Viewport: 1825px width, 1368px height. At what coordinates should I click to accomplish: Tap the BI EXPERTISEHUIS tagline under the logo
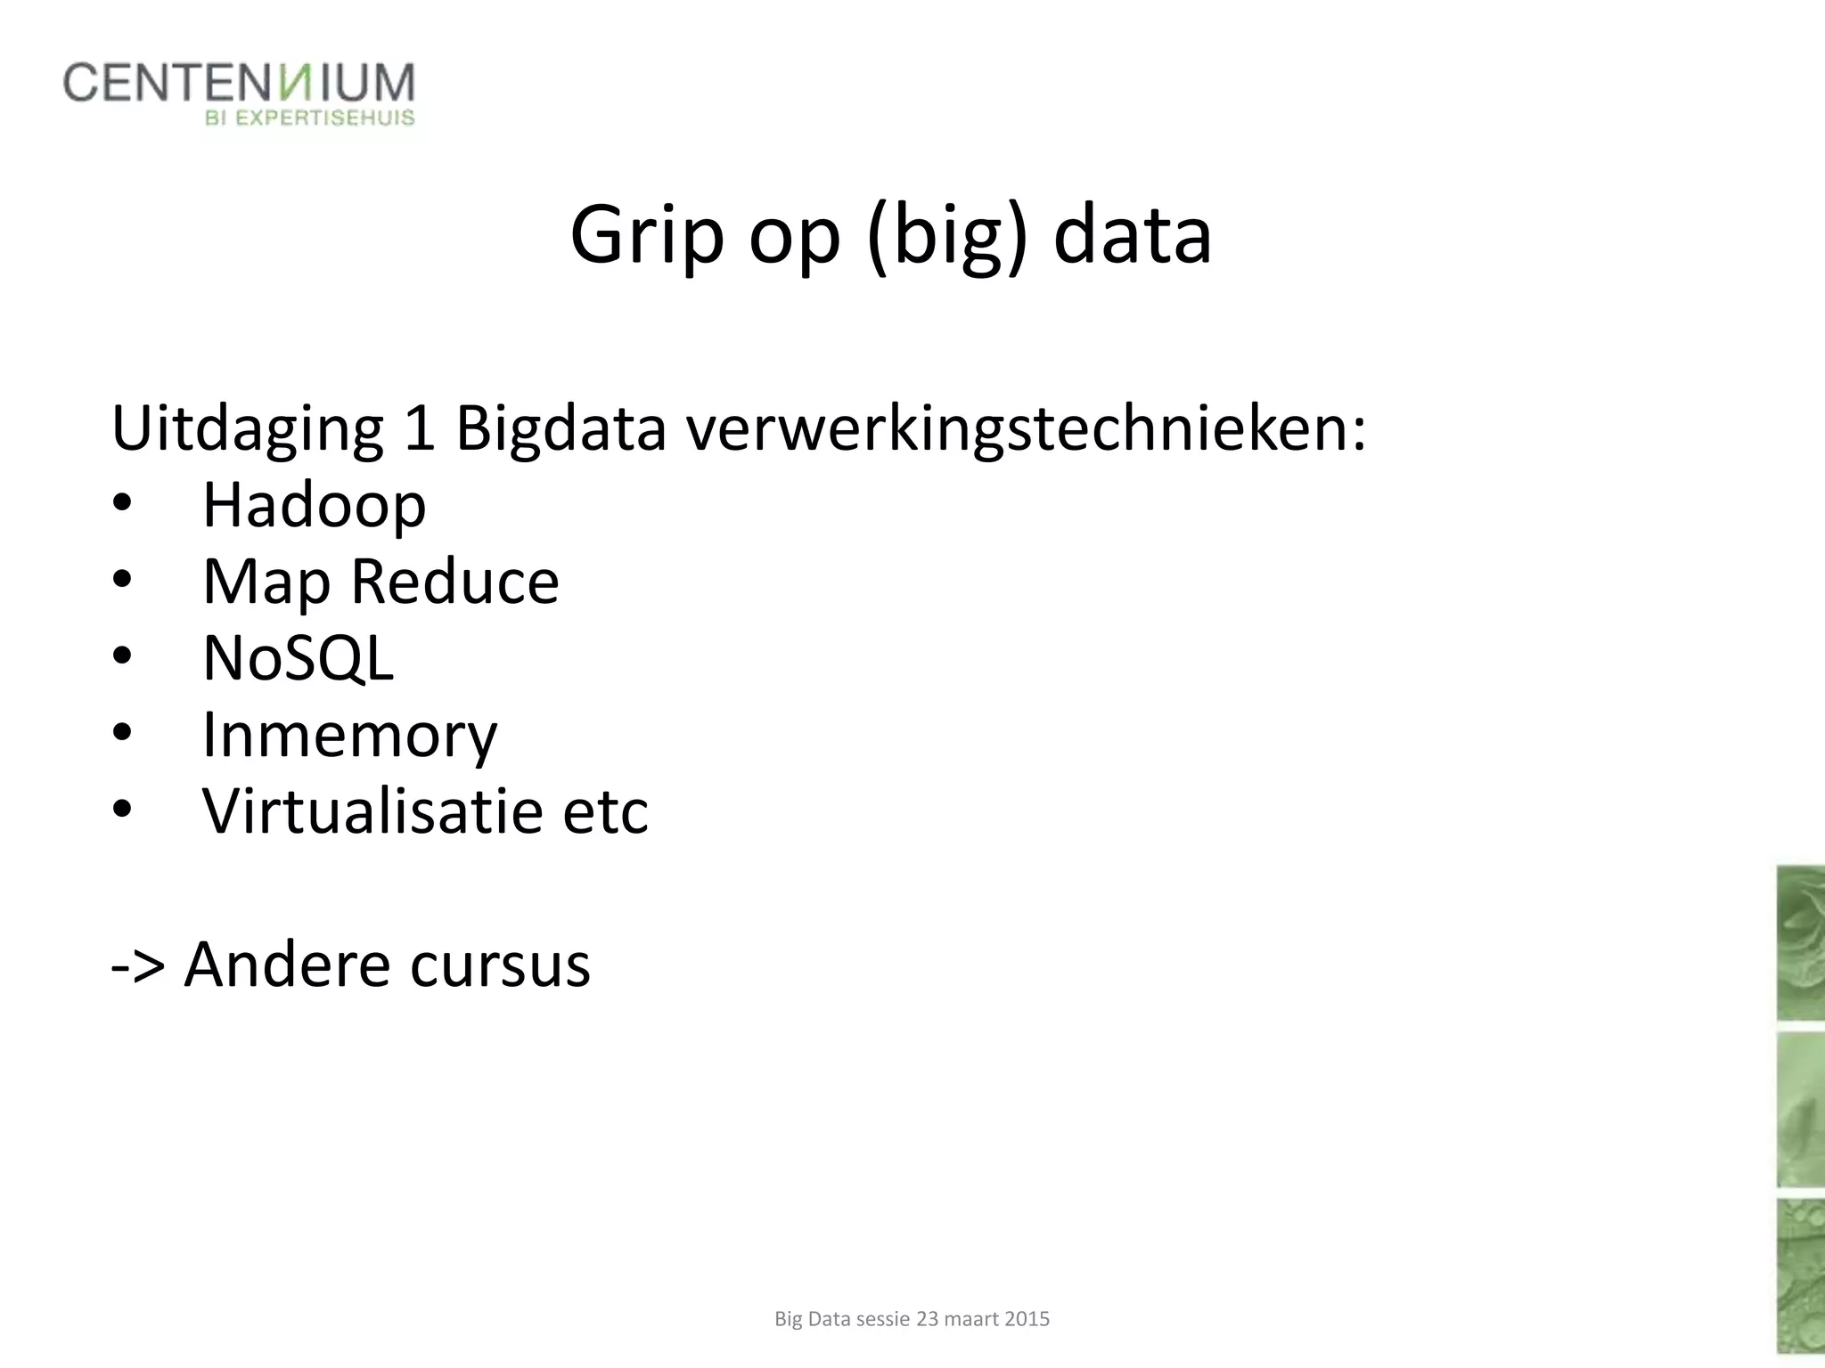pyautogui.click(x=310, y=118)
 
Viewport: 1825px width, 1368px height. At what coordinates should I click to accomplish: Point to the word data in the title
pyautogui.click(x=1132, y=236)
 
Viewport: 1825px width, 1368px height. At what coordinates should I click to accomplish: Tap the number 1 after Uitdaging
pyautogui.click(x=420, y=429)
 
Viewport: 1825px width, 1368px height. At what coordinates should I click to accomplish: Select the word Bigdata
pyautogui.click(x=561, y=429)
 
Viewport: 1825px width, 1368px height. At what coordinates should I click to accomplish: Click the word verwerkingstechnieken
pyautogui.click(x=1025, y=429)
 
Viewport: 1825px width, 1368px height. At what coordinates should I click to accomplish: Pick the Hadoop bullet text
pyautogui.click(x=314, y=505)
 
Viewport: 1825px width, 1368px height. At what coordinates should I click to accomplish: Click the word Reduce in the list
pyautogui.click(x=454, y=582)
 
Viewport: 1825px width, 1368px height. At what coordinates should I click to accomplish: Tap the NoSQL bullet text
pyautogui.click(x=298, y=658)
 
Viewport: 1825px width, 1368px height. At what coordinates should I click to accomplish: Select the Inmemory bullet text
pyautogui.click(x=349, y=736)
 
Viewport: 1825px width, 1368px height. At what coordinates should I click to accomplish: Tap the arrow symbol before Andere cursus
pyautogui.click(x=138, y=965)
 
